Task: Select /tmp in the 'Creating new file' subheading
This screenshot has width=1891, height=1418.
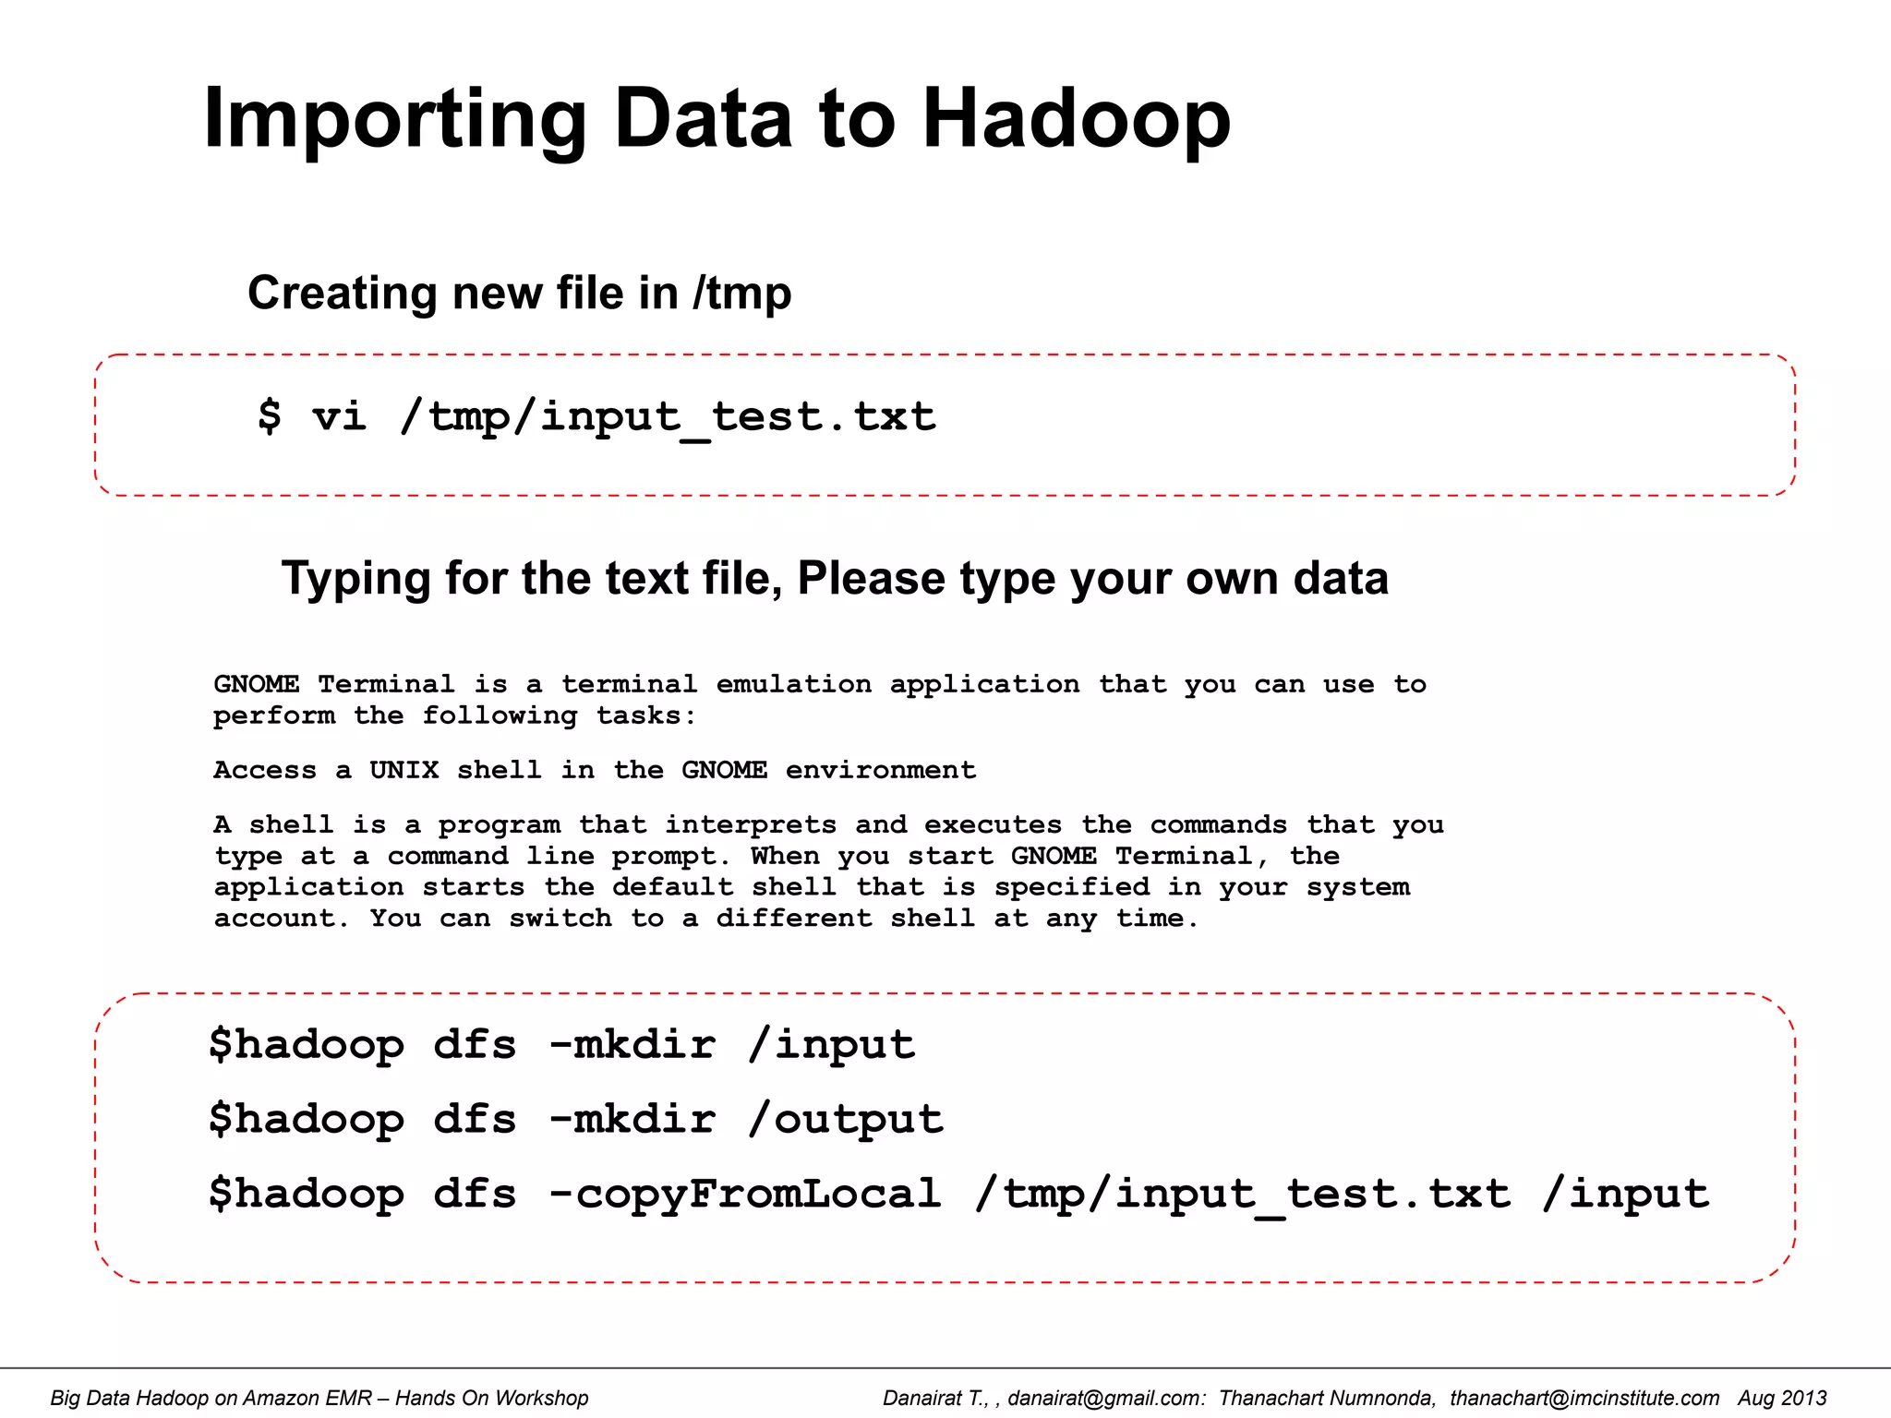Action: tap(741, 294)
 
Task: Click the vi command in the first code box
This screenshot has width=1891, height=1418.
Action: tap(339, 416)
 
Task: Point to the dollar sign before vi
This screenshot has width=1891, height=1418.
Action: tap(269, 415)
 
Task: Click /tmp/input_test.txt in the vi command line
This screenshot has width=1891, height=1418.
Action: tap(668, 416)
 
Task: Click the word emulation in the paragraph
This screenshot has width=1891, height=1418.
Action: tap(793, 684)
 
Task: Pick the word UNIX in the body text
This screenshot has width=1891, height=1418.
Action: tap(403, 770)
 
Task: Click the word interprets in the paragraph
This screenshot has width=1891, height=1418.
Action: tap(751, 824)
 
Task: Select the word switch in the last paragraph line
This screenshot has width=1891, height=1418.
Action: tap(560, 919)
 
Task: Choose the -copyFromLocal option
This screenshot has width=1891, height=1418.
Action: tap(745, 1194)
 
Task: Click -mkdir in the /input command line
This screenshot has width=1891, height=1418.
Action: tap(632, 1045)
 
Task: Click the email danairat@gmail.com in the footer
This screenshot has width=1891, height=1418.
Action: tap(1106, 1398)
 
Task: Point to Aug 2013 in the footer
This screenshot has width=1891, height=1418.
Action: tap(1782, 1398)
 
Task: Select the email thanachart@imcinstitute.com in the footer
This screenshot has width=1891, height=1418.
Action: tap(1584, 1398)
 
